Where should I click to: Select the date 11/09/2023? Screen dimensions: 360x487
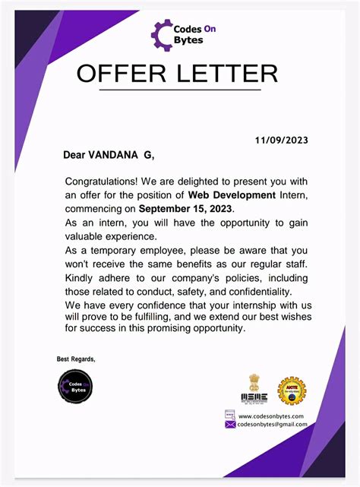coord(282,140)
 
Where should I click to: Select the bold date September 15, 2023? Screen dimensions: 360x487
coord(187,207)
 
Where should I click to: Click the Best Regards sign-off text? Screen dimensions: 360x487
coord(76,359)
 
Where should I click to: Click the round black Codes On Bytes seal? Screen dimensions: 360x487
coord(75,386)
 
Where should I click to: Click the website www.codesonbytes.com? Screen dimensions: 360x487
coord(270,416)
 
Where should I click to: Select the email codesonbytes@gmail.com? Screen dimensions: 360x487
coord(272,425)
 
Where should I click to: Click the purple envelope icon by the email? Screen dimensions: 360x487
coord(230,425)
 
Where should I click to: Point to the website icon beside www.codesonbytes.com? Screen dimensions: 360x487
coord(230,415)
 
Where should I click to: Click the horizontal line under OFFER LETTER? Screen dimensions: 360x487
coord(179,90)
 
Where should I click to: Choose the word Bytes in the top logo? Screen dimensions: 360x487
coord(189,40)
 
